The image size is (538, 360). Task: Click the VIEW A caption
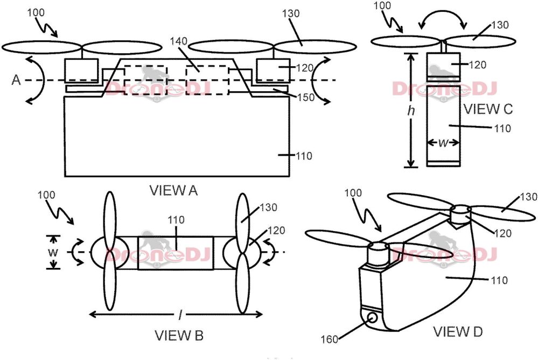pos(173,190)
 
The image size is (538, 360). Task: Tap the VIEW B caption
pos(179,335)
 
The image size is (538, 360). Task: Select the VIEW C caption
pos(488,109)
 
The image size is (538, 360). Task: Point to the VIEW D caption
pos(458,331)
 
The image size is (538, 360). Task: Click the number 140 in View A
pos(178,41)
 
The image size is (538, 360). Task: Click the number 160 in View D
pos(330,340)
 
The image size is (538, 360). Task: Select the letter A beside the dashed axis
pos(16,80)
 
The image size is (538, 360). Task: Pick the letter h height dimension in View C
pos(411,110)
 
